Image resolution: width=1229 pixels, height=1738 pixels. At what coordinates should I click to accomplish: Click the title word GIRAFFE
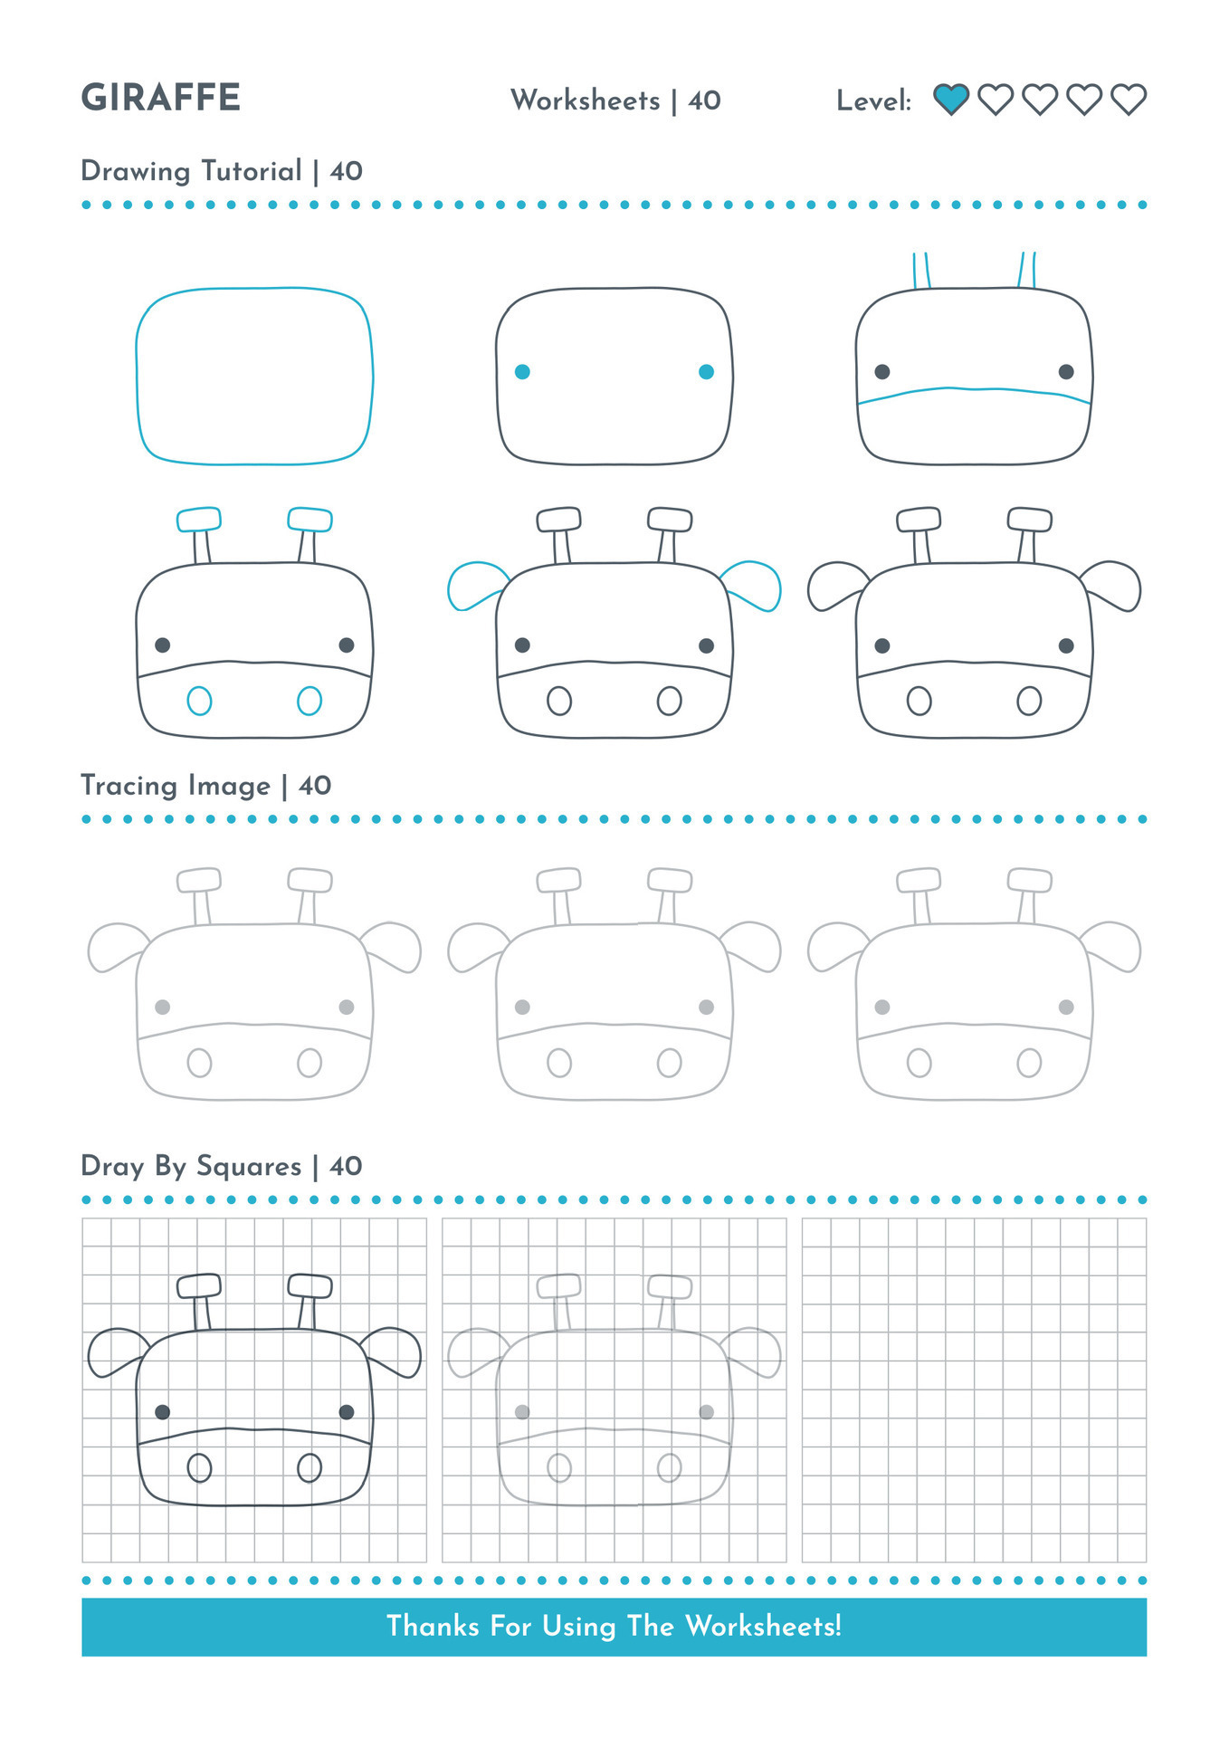tap(161, 98)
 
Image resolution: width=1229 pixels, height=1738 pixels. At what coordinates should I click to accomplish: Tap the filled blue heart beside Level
tap(951, 99)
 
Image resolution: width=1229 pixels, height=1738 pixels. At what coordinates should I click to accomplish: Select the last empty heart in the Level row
tap(1129, 99)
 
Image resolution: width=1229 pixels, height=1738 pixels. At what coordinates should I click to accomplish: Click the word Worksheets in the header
tap(586, 100)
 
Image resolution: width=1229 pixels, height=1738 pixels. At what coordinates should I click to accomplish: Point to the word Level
tap(873, 100)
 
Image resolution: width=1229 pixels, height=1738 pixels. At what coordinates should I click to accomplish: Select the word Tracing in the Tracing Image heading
tap(129, 786)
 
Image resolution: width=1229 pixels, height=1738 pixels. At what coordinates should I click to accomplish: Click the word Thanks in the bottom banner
tap(433, 1626)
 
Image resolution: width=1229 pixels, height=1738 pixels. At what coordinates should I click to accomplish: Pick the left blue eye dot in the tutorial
tap(522, 372)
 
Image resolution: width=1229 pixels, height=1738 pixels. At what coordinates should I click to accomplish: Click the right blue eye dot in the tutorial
tap(707, 372)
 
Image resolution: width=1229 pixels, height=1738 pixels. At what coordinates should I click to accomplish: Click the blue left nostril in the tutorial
tap(199, 701)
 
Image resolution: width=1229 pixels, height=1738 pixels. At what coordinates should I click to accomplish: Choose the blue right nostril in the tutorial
tap(310, 701)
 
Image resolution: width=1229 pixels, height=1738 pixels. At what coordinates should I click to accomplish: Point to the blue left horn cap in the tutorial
tap(199, 520)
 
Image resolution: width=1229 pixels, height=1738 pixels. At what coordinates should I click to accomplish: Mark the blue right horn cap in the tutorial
tap(310, 520)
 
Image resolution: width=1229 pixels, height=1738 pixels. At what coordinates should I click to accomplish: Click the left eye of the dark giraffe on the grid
tap(163, 1412)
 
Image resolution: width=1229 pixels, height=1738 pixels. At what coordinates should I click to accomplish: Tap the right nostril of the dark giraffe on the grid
tap(310, 1467)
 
